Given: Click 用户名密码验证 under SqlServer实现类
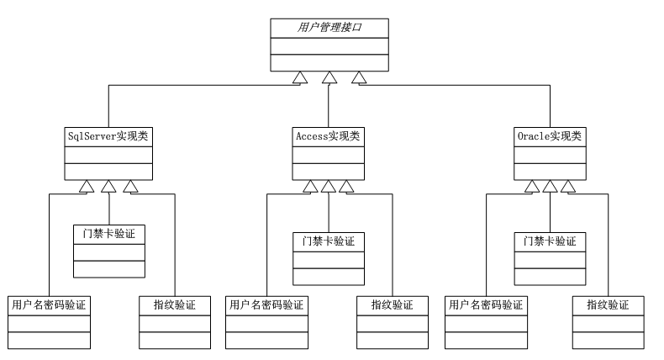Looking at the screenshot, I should pos(50,304).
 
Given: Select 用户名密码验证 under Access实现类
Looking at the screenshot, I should pos(267,304).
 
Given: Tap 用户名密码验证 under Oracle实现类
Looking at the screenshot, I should pos(487,304).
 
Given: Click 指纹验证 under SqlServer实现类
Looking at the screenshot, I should pos(175,304).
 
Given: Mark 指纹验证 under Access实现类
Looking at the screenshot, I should pos(392,304).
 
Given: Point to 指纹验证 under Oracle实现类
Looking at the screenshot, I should pos(612,304).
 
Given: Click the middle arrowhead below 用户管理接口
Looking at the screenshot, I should pos(329,78).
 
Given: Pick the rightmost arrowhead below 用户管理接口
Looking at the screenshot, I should pos(360,78).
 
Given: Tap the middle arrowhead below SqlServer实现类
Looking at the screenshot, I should pos(109,186).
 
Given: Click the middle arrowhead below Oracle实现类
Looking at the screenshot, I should pos(550,186).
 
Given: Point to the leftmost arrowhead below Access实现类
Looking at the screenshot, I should pos(310,186).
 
